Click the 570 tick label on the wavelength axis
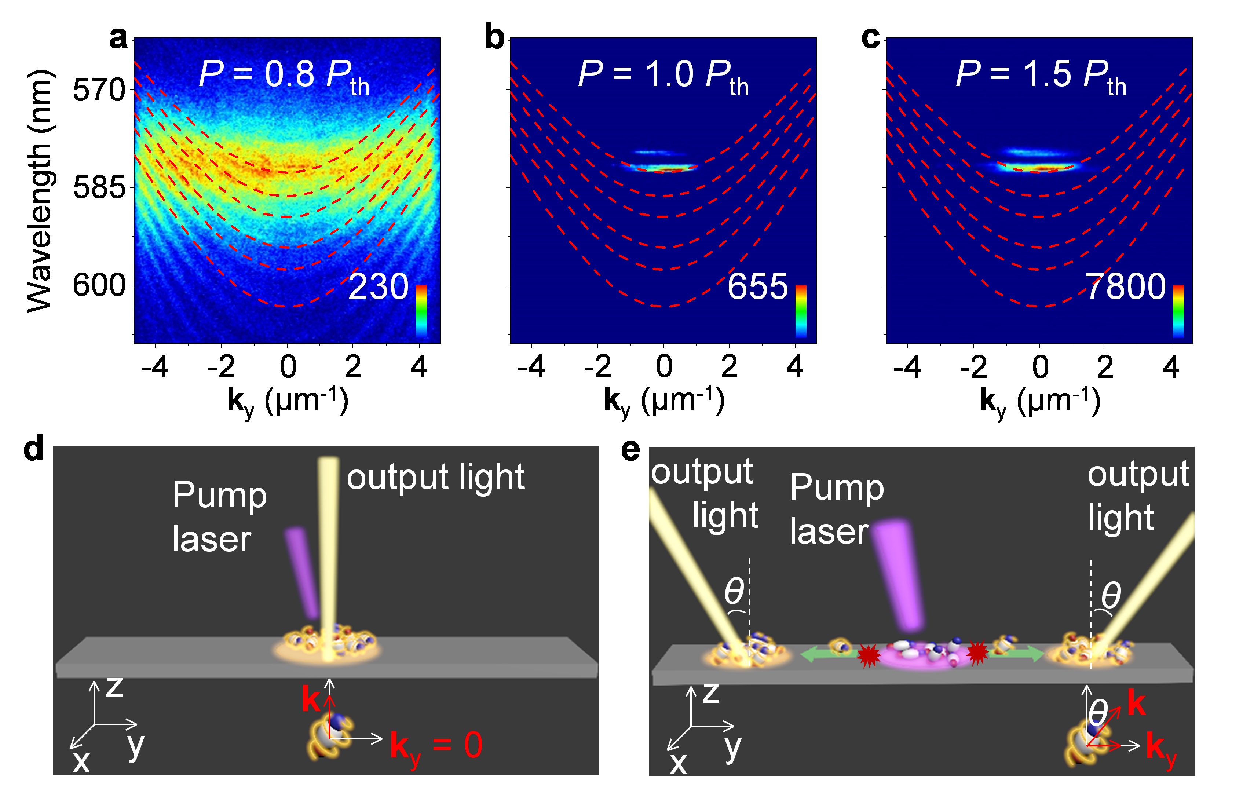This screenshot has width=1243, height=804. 99,90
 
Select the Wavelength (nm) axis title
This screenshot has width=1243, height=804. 39,191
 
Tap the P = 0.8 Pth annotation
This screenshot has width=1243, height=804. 285,76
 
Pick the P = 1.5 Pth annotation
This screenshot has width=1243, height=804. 1041,76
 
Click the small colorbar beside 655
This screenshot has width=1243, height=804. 800,311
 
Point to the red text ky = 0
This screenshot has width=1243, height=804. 436,746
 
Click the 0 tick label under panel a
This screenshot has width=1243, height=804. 288,367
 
